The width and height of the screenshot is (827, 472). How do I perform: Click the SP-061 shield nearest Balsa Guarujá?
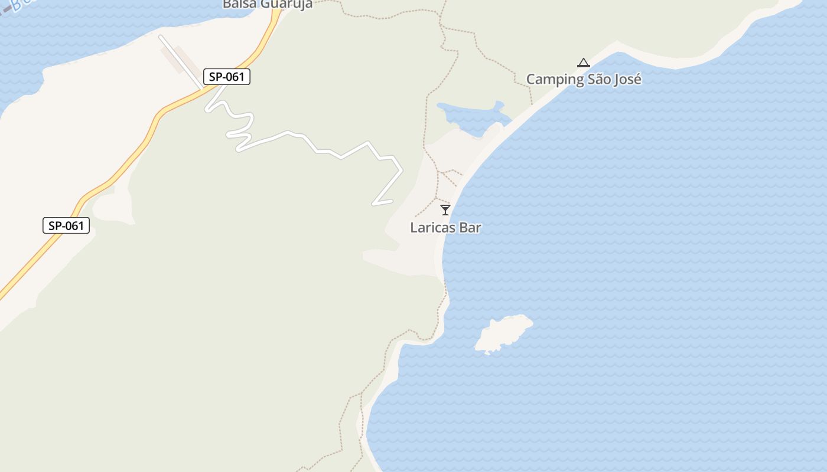tap(227, 77)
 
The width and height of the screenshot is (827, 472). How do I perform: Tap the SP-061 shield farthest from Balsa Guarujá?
tap(66, 225)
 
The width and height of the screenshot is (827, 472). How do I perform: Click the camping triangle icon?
tap(584, 63)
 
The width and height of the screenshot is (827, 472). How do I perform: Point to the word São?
tap(597, 79)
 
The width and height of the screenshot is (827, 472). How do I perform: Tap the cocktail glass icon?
tap(445, 209)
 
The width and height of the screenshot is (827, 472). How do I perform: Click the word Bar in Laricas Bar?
tap(471, 228)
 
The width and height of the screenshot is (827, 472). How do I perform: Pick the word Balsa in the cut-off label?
tap(237, 4)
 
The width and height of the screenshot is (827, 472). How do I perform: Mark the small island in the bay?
tap(503, 333)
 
